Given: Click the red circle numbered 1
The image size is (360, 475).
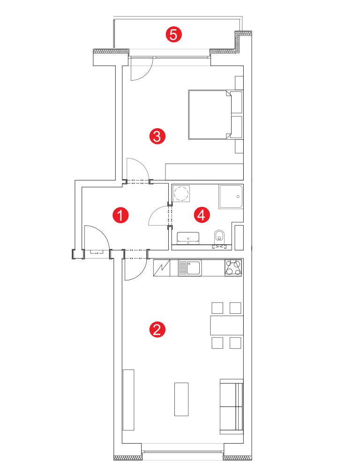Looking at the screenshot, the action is point(120,215).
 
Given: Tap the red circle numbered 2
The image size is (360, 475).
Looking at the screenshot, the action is point(157,329).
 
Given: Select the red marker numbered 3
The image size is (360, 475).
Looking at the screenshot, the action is point(157,136).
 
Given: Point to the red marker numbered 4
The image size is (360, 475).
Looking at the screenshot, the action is point(202,215).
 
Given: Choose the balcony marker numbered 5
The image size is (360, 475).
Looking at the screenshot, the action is point(173,34).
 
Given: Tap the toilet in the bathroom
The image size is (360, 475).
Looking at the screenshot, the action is point(219,236).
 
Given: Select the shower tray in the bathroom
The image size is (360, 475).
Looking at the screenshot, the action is point(231,196).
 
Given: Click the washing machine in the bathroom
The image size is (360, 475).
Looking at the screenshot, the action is point(181,193).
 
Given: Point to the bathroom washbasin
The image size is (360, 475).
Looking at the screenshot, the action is point(188,237).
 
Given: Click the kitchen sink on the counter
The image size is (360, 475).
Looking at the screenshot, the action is point(190,268).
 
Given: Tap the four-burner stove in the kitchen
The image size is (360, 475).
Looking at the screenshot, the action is point(233,268).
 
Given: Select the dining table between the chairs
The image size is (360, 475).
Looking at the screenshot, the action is point(227,325).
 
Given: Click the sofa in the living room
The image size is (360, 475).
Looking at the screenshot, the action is point(232,406).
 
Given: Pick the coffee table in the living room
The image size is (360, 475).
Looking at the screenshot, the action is point(181,399).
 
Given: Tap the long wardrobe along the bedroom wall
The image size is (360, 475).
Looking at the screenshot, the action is point(204,172).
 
